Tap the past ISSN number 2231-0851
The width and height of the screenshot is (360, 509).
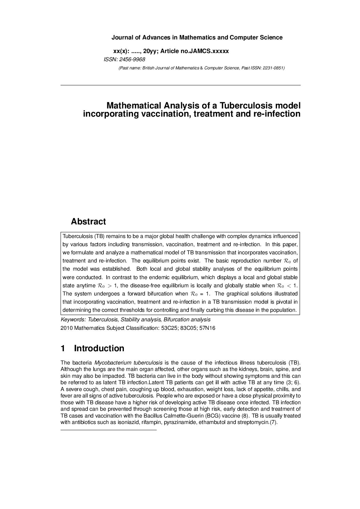coord(273,68)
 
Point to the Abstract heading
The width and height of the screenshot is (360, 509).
coord(88,222)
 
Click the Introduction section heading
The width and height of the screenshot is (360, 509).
coord(99,349)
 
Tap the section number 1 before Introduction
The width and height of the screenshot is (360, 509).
coord(63,349)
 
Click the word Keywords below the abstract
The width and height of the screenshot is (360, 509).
coord(72,320)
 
